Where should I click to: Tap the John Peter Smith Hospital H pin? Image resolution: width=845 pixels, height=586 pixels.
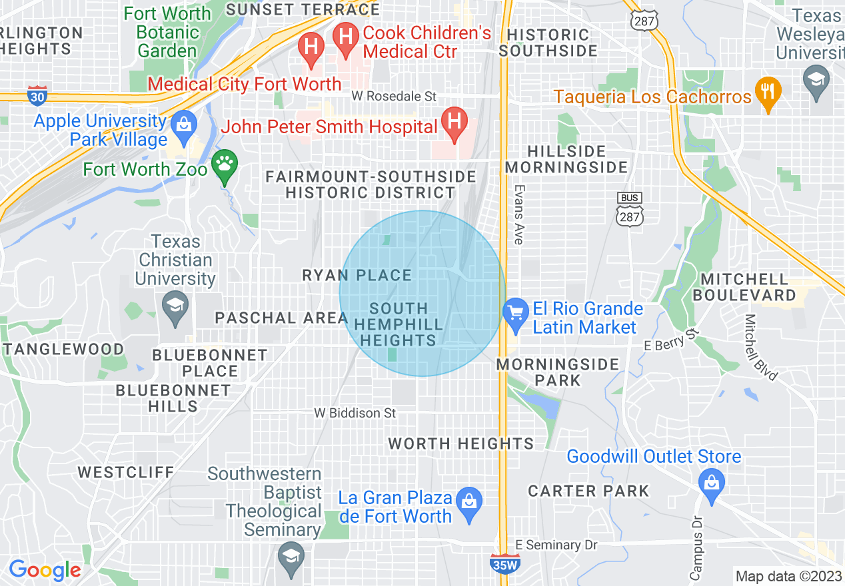tap(454, 123)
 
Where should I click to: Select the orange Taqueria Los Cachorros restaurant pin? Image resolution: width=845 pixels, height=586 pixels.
tap(768, 93)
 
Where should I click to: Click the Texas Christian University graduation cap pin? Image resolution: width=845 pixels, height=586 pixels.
tap(175, 307)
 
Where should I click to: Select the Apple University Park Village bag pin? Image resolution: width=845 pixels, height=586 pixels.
tap(181, 125)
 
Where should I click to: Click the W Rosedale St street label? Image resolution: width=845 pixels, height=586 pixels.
tap(394, 97)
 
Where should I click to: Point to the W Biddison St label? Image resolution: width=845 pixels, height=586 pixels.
tap(355, 414)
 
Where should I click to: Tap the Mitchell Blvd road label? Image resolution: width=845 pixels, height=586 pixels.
tap(760, 346)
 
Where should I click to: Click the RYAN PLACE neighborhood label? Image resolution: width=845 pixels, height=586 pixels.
tap(357, 275)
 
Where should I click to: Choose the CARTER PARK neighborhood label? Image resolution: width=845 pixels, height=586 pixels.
tap(588, 491)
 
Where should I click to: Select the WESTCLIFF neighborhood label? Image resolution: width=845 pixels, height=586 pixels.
tap(126, 472)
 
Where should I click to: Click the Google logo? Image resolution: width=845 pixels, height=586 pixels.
tap(45, 570)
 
